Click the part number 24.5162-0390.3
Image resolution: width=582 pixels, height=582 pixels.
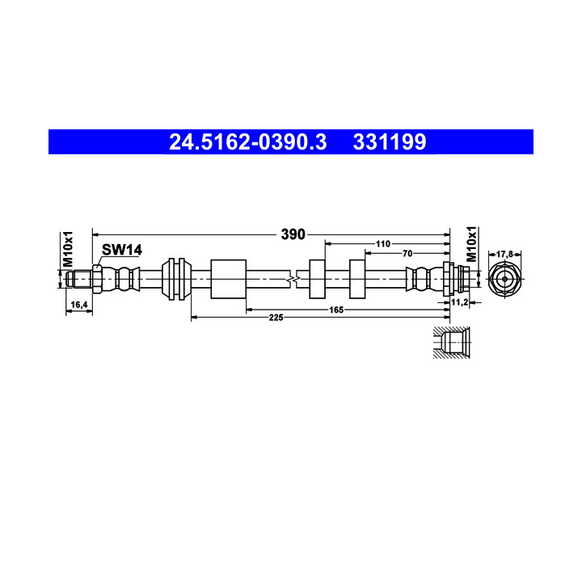[248, 142]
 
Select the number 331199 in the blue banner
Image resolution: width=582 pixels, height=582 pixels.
[390, 142]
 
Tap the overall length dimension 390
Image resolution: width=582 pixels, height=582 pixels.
[293, 234]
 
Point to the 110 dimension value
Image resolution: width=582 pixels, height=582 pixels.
[382, 244]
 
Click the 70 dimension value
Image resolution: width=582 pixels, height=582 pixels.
[407, 254]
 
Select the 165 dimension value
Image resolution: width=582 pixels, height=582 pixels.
[336, 310]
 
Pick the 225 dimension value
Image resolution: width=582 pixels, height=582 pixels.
[276, 318]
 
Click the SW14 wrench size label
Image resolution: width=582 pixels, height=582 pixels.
[122, 250]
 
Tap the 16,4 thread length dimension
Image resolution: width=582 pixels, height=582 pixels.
[78, 305]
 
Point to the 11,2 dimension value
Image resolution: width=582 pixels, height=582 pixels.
[459, 302]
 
